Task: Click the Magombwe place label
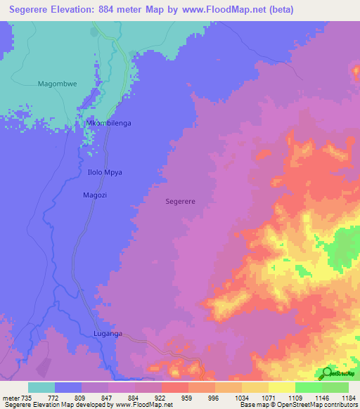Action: click(57, 84)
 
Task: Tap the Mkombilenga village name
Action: click(108, 123)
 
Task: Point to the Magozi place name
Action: click(95, 195)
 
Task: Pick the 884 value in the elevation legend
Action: click(134, 397)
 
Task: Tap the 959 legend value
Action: click(188, 397)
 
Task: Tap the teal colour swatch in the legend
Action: click(41, 387)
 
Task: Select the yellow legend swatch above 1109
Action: click(281, 387)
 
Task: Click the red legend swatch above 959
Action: click(174, 387)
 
